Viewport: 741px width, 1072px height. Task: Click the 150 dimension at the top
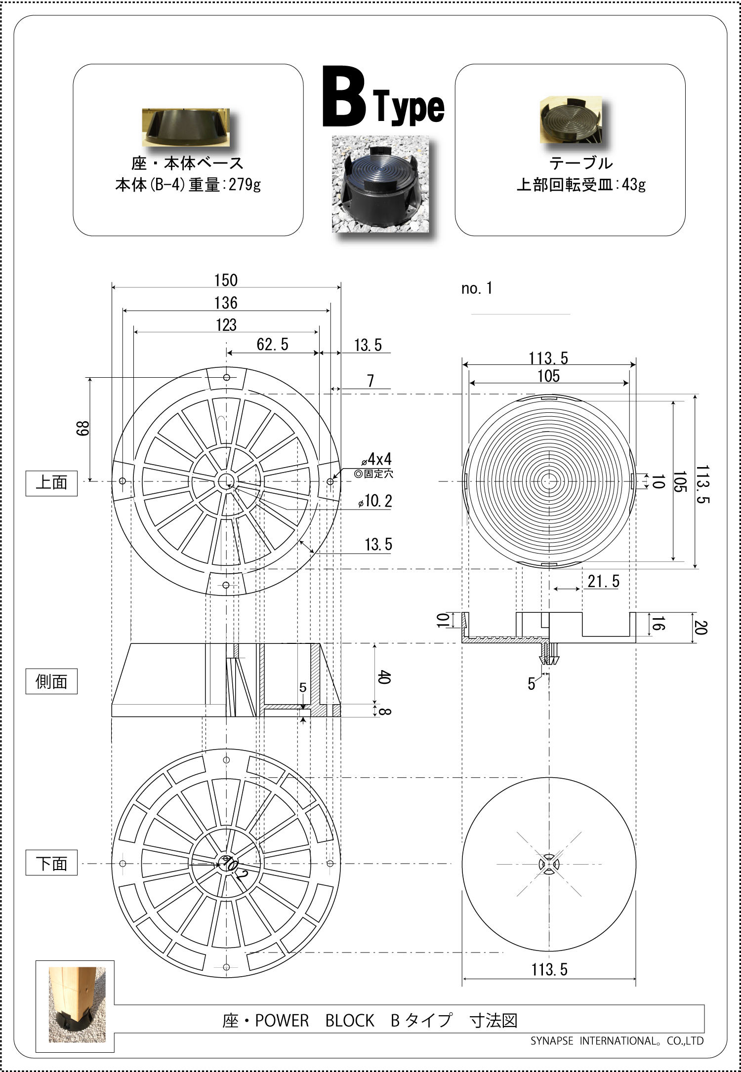226,280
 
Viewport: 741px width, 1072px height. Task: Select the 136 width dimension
226,303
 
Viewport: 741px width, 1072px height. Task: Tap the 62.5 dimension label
272,345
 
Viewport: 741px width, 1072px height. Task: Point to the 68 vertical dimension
83,428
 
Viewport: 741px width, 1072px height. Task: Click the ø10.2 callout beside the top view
375,501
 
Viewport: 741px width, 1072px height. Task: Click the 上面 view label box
51,483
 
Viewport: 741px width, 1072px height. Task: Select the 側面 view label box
51,681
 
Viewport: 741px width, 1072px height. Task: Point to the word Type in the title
409,107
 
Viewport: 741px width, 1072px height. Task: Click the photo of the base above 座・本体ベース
186,127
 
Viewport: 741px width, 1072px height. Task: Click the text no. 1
476,288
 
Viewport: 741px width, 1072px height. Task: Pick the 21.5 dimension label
603,582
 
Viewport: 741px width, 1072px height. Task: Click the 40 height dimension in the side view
384,677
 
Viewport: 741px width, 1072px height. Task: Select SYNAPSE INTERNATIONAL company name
617,1041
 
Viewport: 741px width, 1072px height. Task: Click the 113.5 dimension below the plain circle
549,970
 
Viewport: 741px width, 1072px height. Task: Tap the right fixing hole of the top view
330,481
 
